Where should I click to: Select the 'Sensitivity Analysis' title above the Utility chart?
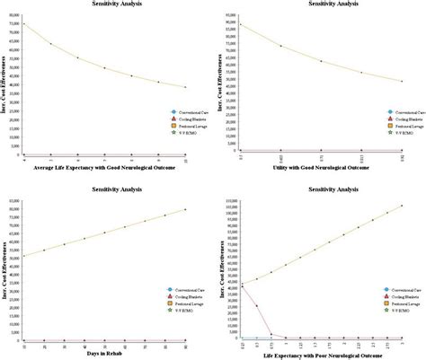[323, 4]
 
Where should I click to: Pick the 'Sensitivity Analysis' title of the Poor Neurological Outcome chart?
[323, 189]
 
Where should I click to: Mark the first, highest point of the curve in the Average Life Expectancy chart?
[23, 23]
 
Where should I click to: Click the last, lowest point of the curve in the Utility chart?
[402, 81]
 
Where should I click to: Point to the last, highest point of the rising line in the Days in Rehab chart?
[186, 210]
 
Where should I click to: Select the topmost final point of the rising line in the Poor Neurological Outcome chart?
[402, 206]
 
